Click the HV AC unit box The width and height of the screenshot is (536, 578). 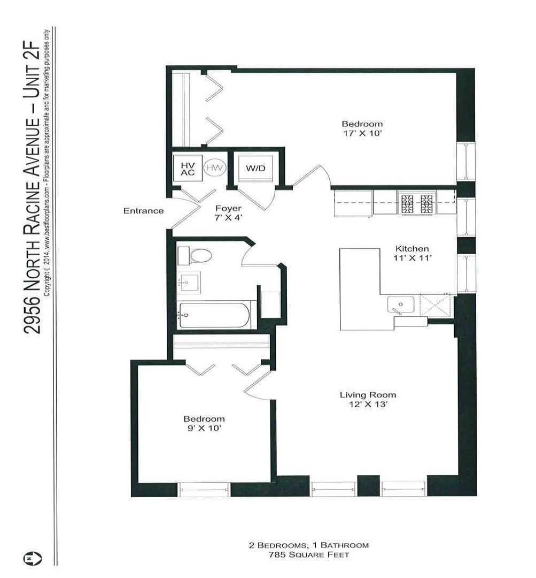(x=188, y=168)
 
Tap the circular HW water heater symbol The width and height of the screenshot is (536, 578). (x=215, y=168)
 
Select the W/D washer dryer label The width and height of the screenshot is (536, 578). (x=255, y=169)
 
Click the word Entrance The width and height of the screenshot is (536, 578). (x=143, y=211)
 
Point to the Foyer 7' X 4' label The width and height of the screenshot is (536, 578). (x=228, y=213)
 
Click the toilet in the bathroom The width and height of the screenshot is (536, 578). (x=195, y=256)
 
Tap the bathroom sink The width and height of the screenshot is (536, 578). (x=189, y=283)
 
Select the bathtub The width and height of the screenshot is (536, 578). (x=214, y=315)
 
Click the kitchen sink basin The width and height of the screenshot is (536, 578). (x=400, y=305)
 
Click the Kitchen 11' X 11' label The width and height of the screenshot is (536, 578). (x=412, y=253)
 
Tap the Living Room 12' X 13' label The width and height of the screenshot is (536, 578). (x=368, y=400)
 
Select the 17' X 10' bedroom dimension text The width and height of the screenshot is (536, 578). (x=363, y=133)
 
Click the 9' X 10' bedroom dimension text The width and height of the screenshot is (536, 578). (x=204, y=428)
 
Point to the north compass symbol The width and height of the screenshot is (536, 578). (x=33, y=558)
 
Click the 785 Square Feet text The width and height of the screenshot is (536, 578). (x=309, y=555)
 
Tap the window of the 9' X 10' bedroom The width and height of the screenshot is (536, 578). (x=204, y=489)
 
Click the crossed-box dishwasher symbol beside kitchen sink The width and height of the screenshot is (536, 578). (x=435, y=305)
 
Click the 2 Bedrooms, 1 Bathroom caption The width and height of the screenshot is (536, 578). (x=309, y=545)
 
